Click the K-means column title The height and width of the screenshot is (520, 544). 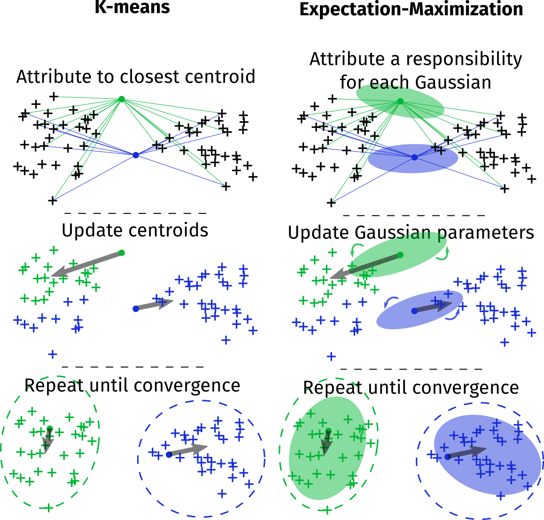[x=132, y=8]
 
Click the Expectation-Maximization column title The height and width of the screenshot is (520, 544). [x=411, y=9]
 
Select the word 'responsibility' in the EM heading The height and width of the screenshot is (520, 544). [x=464, y=60]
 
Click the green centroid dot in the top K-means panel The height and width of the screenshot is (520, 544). [x=121, y=99]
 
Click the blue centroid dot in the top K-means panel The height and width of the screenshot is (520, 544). [x=136, y=155]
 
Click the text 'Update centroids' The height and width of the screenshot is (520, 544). [x=135, y=230]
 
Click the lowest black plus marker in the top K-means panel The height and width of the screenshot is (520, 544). [x=53, y=201]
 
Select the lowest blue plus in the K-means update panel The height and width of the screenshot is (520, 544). [x=53, y=354]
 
